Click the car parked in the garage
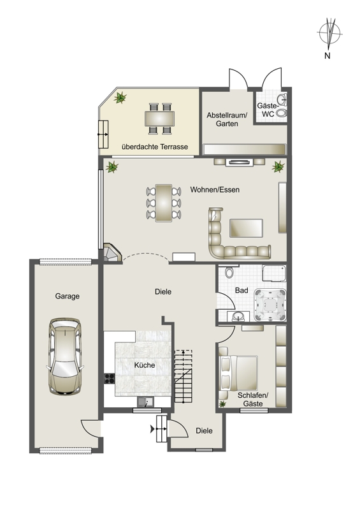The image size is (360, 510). pos(65,356)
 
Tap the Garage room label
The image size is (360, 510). pos(68,296)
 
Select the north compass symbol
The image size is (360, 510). pos(329,32)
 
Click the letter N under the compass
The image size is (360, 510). pos(327,55)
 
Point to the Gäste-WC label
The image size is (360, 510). pos(268,110)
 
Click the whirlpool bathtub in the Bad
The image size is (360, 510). pos(270,305)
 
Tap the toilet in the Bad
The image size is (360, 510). pos(229,272)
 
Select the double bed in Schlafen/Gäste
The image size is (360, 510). pos(238,373)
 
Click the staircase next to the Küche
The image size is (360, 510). pos(184,376)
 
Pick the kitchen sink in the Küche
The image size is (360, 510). pos(145,402)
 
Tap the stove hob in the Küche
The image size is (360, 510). pos(110,378)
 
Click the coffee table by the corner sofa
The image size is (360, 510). pos(246,228)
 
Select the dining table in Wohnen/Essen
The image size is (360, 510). pos(164,203)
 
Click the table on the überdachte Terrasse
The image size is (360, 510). pos(159,119)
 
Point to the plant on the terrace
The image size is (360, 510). pos(120,98)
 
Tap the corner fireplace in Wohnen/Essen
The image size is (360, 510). pos(112,252)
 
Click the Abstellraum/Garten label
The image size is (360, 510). pos(227,119)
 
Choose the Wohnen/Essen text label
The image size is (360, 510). pos(215,189)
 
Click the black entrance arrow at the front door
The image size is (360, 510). pos(152,429)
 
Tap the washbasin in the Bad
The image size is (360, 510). pos(239,316)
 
